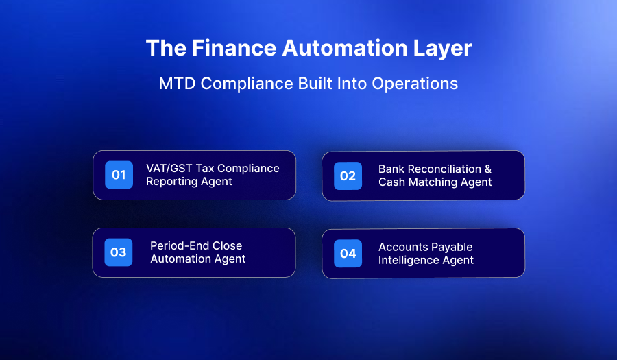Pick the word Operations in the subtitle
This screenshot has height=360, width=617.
point(415,84)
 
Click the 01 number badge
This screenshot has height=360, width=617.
point(119,175)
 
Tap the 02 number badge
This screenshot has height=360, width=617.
point(348,176)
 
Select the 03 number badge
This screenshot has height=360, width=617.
point(119,252)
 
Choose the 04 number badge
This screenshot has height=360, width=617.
point(348,253)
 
